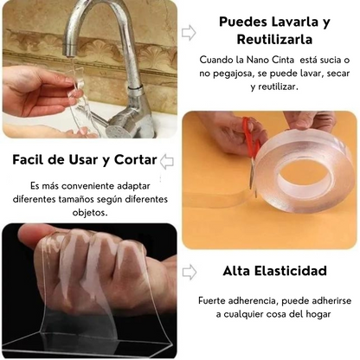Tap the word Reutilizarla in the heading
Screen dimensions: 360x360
click(x=273, y=39)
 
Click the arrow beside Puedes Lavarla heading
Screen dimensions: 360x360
click(x=189, y=32)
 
